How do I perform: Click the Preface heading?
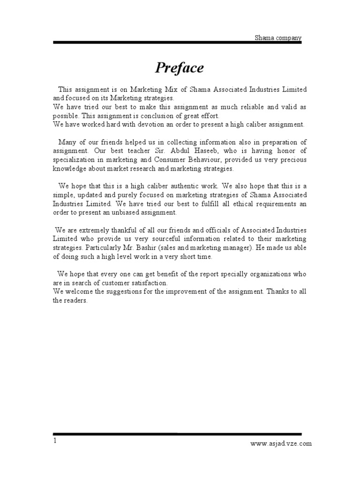click(x=180, y=68)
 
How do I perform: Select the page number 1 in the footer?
click(x=55, y=441)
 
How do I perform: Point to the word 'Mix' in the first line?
click(x=170, y=89)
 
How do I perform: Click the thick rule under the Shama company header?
click(x=177, y=43)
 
